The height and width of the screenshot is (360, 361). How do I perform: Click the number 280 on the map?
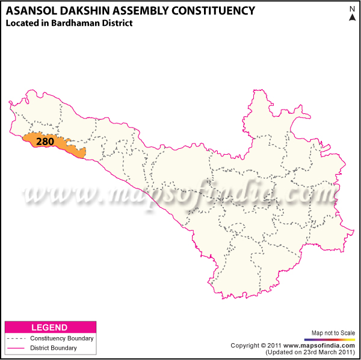(x=45, y=142)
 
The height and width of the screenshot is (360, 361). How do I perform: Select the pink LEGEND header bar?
(x=50, y=327)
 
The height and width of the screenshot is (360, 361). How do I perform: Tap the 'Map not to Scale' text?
(x=333, y=332)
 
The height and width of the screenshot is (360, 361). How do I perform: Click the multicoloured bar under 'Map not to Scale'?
(x=333, y=339)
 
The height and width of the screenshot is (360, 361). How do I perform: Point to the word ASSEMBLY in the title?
(x=144, y=11)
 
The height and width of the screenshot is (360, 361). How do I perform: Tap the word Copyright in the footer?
(x=245, y=345)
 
